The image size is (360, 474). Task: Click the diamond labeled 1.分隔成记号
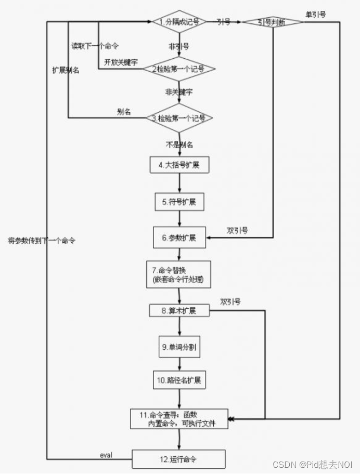[179, 22]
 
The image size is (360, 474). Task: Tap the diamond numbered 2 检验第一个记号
[179, 69]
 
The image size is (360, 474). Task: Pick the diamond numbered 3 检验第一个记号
[179, 118]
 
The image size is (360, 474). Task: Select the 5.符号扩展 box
[179, 201]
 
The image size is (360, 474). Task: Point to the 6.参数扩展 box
[179, 238]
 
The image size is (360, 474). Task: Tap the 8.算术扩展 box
[179, 311]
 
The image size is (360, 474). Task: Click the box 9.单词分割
[179, 347]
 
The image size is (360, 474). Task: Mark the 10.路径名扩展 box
[179, 379]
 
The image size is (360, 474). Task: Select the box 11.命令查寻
[179, 419]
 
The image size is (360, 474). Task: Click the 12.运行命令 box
[179, 459]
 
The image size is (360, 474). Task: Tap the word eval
[107, 455]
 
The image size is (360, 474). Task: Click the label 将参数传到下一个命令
[42, 241]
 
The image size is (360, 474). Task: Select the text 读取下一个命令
[95, 46]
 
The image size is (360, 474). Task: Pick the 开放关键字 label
[121, 62]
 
